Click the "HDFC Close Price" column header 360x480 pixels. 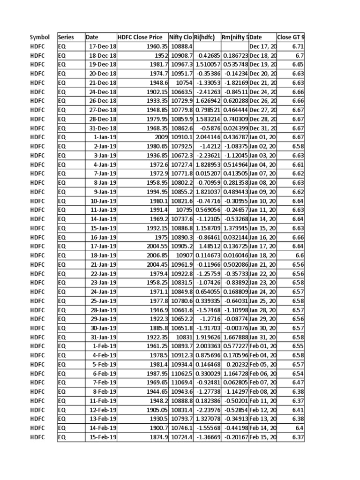coord(140,37)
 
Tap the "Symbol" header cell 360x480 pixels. coord(39,37)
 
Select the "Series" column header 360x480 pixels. coord(66,37)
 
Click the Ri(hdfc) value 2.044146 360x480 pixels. coord(207,137)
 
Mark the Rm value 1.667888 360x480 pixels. coord(235,337)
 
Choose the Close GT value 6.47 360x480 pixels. coord(298,382)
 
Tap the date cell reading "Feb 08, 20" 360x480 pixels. coord(263,391)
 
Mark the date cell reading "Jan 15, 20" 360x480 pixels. coord(263,228)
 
